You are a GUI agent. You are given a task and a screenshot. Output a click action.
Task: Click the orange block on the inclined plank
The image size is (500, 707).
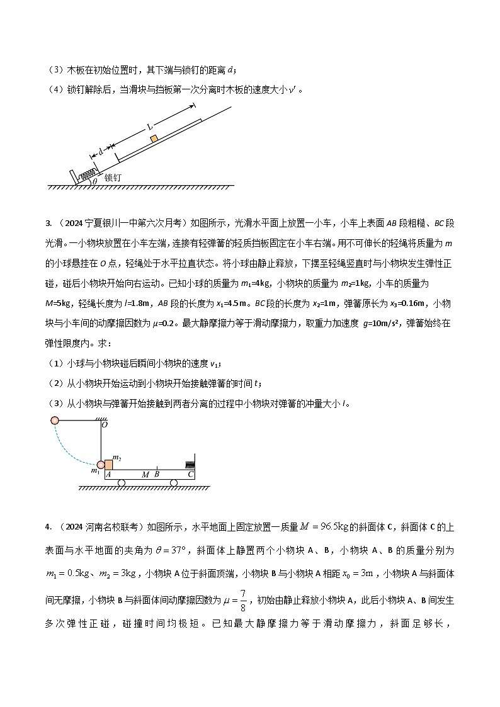pyautogui.click(x=153, y=139)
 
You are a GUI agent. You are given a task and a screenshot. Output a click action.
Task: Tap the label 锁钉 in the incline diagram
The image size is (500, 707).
pyautogui.click(x=113, y=178)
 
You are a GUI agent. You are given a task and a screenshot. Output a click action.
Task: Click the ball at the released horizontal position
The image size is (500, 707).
pyautogui.click(x=54, y=421)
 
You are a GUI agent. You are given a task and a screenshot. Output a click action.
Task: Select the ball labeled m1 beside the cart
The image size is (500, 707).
pyautogui.click(x=101, y=465)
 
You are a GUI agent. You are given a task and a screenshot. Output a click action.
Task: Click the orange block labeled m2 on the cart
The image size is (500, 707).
pyautogui.click(x=108, y=465)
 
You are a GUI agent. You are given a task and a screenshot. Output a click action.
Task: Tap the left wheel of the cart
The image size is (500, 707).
pyautogui.click(x=122, y=483)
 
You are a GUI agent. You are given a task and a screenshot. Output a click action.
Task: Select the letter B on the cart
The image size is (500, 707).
pyautogui.click(x=157, y=474)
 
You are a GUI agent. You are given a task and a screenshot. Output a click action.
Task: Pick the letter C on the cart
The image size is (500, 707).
pyautogui.click(x=190, y=474)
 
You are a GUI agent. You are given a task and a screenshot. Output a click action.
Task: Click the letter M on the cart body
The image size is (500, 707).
pyautogui.click(x=145, y=474)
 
